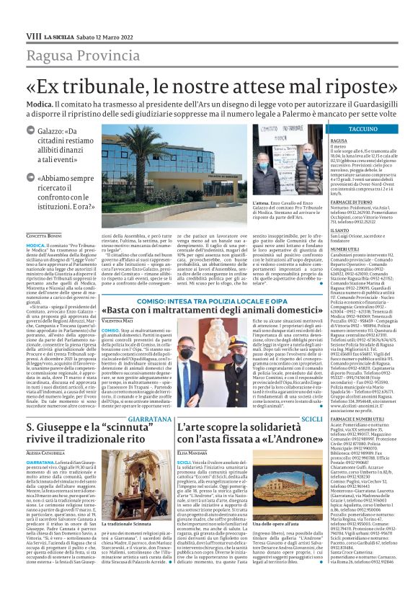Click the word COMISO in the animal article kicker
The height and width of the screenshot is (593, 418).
[138, 281]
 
